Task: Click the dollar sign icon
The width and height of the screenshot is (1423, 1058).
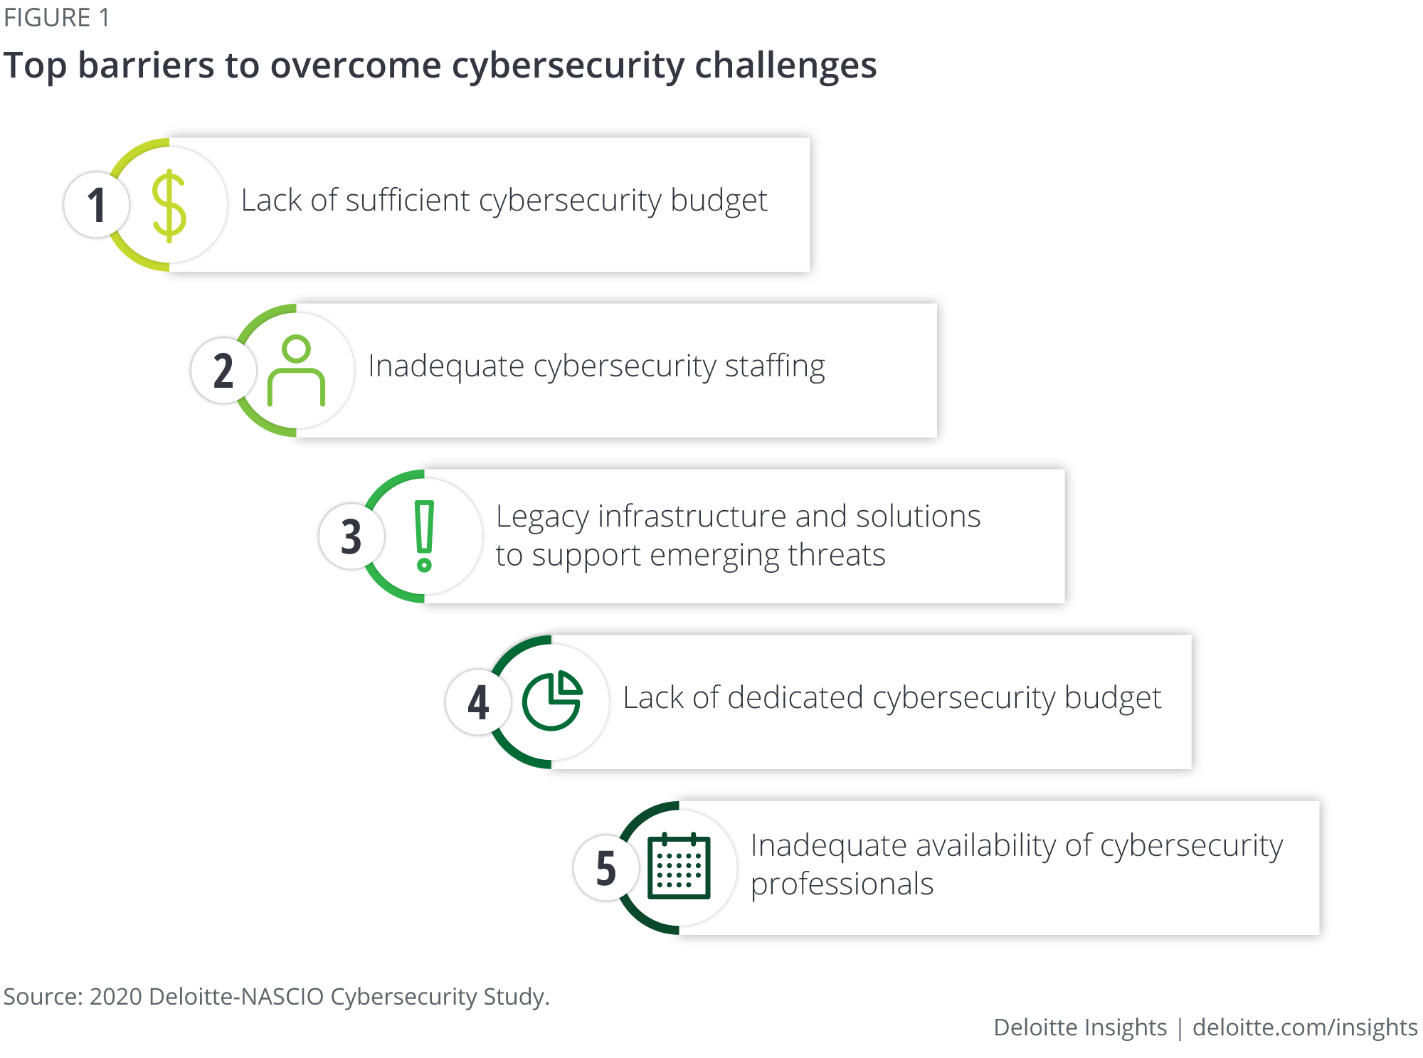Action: pos(169,206)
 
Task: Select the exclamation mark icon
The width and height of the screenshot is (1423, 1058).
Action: pos(425,536)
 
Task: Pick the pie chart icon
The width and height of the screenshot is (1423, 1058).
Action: pos(552,701)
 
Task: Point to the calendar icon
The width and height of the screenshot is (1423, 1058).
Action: pos(679,866)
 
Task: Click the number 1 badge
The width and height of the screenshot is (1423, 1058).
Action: pos(97,205)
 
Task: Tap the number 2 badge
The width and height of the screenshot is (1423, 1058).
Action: pos(223,371)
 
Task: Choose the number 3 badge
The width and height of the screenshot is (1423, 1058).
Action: pos(351,536)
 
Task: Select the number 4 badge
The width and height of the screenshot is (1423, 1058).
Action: pos(478,702)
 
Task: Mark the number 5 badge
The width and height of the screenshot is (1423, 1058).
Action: pos(606,868)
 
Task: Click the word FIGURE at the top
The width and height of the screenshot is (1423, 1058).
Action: pos(48,18)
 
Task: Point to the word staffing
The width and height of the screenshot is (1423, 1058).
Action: pos(775,367)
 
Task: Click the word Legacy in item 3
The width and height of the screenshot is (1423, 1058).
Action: pos(542,518)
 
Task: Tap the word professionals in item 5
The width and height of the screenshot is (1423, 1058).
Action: pos(842,885)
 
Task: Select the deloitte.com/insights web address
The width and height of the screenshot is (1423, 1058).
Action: pos(1305,1028)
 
